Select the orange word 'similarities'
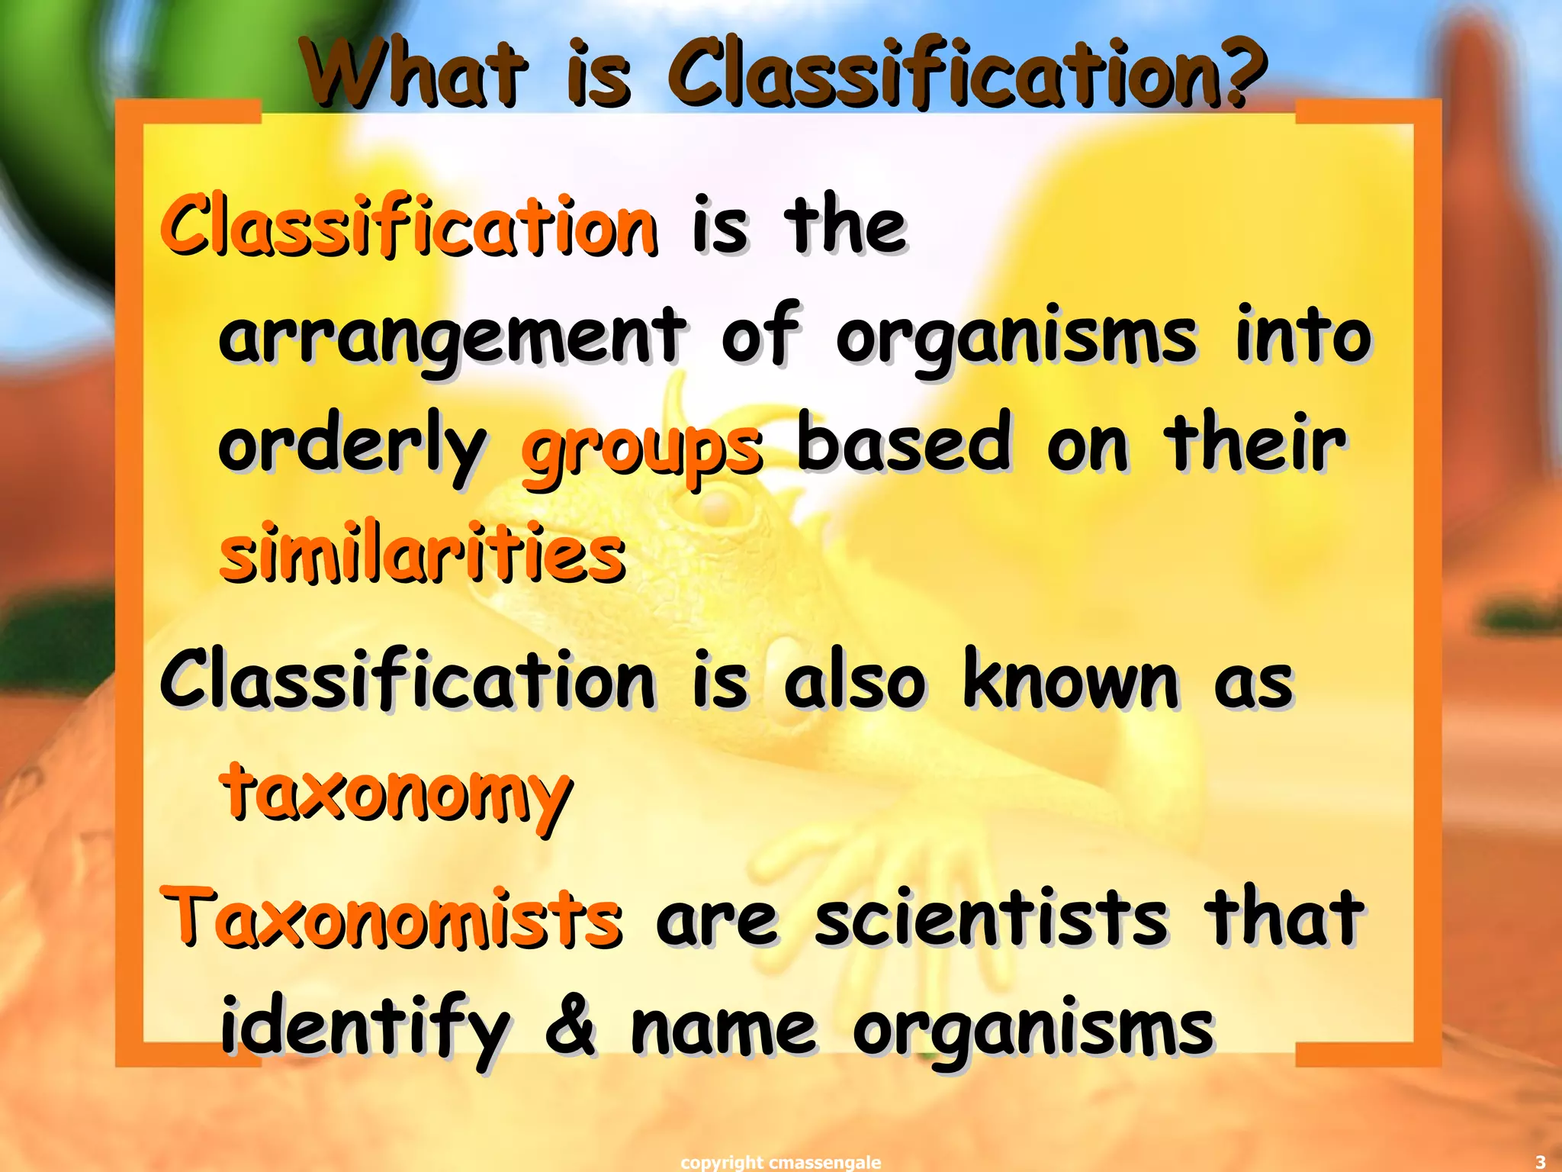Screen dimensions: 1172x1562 coord(423,553)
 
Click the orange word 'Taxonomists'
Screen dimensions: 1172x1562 coord(391,916)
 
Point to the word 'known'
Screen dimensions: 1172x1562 coord(1072,680)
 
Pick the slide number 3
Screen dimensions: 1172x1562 coord(1540,1162)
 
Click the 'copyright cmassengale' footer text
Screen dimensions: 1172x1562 coord(780,1162)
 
